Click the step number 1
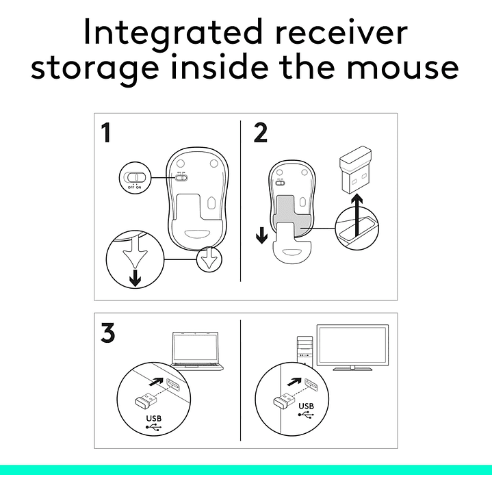tap(106, 133)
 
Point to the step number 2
tap(261, 133)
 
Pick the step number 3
tap(108, 333)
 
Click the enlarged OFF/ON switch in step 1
tap(135, 178)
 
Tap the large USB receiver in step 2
tap(355, 170)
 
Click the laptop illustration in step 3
tap(197, 351)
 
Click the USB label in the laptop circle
tap(154, 418)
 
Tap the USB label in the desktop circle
tap(306, 406)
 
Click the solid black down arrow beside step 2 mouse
tap(261, 235)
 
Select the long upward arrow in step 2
tap(357, 216)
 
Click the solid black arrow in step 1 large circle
tap(135, 277)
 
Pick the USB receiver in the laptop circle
tap(146, 401)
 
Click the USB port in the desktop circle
tap(311, 385)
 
